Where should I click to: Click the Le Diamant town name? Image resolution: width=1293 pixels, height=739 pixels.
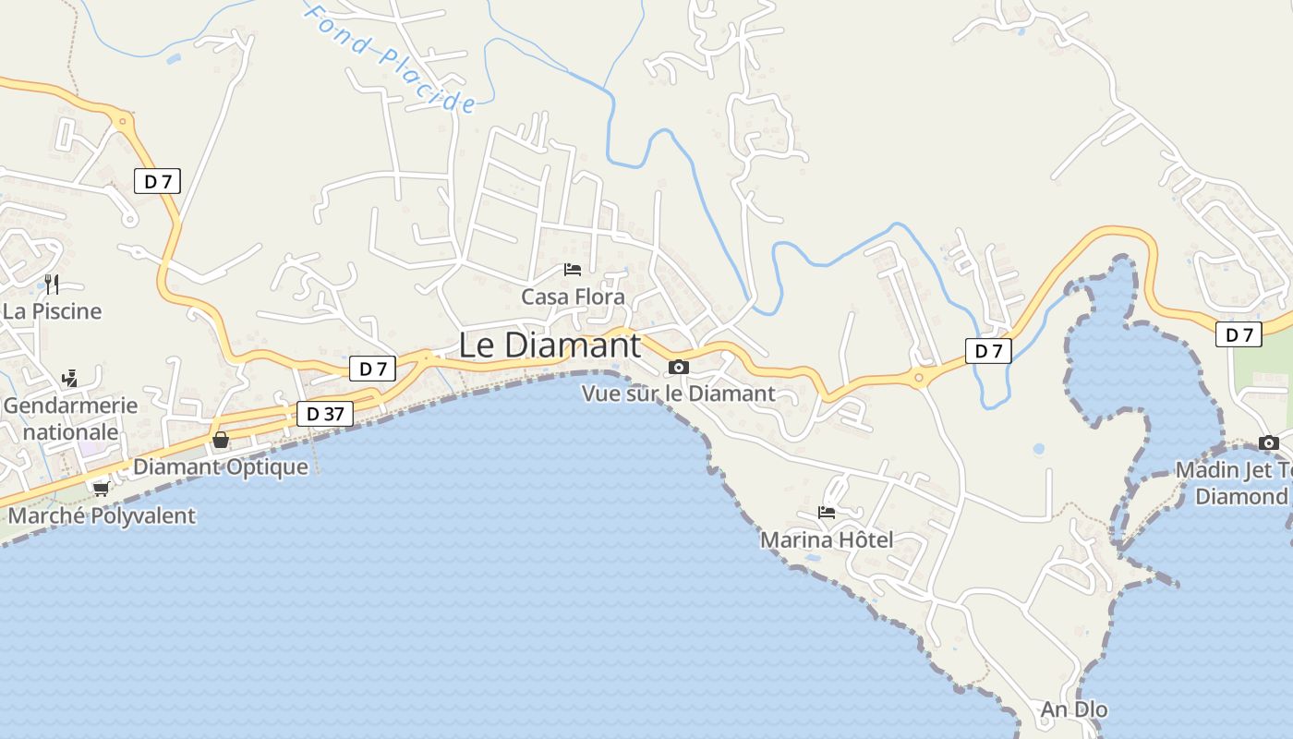point(550,345)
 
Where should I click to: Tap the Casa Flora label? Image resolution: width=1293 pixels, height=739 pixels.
point(573,297)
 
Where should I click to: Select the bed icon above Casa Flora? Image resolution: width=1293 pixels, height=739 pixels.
point(573,270)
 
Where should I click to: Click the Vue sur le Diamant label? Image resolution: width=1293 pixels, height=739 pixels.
point(678,394)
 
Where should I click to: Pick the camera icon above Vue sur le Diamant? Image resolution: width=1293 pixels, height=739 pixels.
point(679,367)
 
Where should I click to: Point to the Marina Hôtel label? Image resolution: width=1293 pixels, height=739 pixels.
point(827,539)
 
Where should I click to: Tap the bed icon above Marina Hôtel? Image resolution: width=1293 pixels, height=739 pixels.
point(827,512)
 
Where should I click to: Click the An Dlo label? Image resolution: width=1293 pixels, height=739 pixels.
point(1073,709)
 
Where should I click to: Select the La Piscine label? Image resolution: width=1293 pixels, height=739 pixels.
point(52,311)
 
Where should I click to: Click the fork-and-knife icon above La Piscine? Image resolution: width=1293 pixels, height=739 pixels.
point(52,284)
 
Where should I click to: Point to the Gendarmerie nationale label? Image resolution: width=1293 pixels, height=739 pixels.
point(70,418)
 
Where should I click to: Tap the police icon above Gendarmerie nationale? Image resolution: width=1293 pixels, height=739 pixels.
point(69,378)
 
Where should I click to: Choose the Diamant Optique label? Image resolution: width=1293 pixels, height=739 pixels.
point(221,466)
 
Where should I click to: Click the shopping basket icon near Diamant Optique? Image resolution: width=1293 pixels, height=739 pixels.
point(221,440)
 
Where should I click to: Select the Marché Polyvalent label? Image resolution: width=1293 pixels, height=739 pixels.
point(102,515)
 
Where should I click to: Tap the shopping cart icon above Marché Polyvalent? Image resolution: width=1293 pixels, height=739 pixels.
point(101,488)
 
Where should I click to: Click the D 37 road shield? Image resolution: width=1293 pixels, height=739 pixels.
point(325,414)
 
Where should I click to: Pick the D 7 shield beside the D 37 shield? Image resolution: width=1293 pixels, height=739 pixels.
point(372,369)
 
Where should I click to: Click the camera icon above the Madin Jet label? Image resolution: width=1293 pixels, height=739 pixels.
point(1268,442)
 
